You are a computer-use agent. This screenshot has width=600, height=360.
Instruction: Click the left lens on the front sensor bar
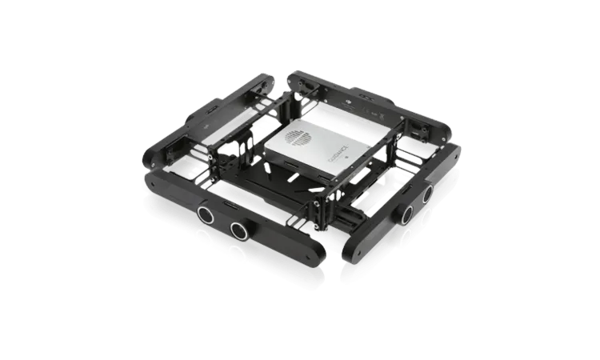[206, 214]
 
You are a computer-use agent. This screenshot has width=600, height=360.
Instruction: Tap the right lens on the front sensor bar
[238, 230]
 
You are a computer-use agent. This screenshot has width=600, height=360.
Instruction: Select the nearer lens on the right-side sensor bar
[407, 212]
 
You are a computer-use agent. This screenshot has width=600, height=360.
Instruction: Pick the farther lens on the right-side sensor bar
[427, 194]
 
